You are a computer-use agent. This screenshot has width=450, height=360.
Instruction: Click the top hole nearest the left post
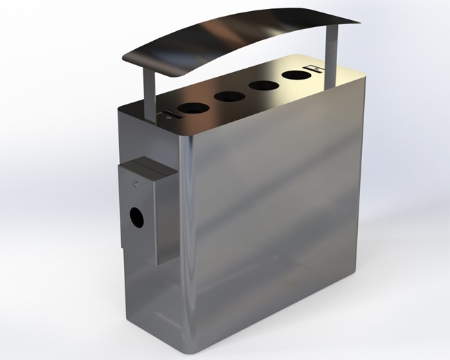click(x=188, y=108)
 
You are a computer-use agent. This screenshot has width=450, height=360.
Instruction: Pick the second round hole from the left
click(x=226, y=96)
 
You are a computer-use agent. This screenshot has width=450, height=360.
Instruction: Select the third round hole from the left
click(x=263, y=86)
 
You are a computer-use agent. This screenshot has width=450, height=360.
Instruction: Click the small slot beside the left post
click(x=168, y=115)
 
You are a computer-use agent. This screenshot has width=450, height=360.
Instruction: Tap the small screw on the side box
click(x=136, y=183)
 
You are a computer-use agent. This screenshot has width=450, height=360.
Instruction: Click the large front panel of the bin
click(x=277, y=208)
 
